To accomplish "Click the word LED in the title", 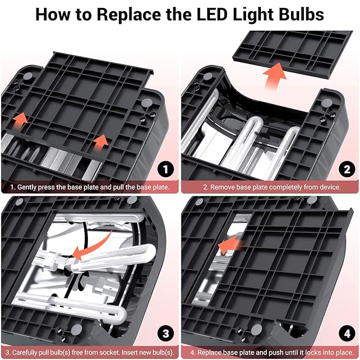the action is [212, 14].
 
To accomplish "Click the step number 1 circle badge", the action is [165, 170].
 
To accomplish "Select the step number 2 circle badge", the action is [347, 170].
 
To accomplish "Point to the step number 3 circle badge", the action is [165, 333].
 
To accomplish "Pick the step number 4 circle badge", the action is [347, 333].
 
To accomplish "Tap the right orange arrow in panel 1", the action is [101, 143].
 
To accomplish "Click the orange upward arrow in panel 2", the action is [275, 75].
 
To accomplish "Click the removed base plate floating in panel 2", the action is [293, 53].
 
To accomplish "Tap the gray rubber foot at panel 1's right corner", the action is [147, 103].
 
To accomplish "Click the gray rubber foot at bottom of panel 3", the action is [76, 330].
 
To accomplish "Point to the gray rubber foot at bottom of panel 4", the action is [257, 330].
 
